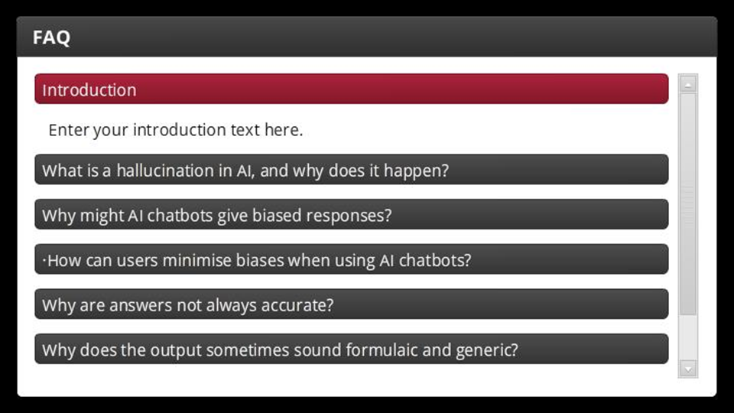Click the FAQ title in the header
click(51, 37)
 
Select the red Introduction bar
click(352, 89)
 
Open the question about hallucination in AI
click(352, 170)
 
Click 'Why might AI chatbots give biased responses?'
click(352, 214)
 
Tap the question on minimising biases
click(352, 259)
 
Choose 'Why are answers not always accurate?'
click(352, 304)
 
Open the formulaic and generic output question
click(352, 349)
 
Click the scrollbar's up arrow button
click(687, 85)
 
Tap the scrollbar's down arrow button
click(687, 369)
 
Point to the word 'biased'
click(277, 216)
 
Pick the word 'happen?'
click(416, 171)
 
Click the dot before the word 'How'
click(44, 259)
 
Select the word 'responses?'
click(349, 216)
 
